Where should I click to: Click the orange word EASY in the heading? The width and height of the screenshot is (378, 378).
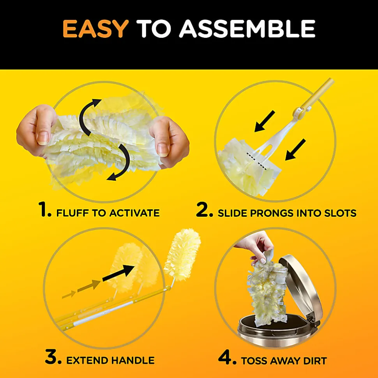(95, 28)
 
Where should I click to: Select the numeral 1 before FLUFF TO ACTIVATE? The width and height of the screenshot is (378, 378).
(45, 209)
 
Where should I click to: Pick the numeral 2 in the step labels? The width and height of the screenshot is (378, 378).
(204, 209)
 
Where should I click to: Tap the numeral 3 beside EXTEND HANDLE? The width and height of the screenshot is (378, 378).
(53, 357)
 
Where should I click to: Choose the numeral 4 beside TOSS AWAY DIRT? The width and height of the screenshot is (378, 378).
(227, 357)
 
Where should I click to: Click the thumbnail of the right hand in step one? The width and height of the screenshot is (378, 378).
(169, 142)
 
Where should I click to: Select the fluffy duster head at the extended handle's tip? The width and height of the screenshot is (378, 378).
(183, 254)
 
